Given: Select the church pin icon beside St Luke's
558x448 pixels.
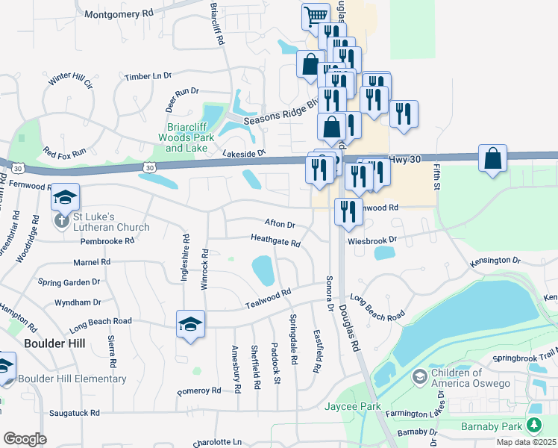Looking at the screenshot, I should pyautogui.click(x=62, y=220).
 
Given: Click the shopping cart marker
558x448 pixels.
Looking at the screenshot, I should pyautogui.click(x=316, y=15).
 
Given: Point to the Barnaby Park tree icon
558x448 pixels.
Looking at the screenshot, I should pyautogui.click(x=533, y=426).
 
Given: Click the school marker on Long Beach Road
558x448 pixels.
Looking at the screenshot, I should pyautogui.click(x=189, y=324).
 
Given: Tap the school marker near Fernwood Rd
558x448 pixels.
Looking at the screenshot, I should pyautogui.click(x=65, y=197).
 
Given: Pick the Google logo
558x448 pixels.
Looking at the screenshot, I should pyautogui.click(x=25, y=438).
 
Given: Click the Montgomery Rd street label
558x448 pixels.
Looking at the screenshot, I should pyautogui.click(x=119, y=14).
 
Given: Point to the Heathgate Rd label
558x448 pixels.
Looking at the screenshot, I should pyautogui.click(x=275, y=243).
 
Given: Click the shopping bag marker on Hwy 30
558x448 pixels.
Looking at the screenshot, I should pyautogui.click(x=492, y=158).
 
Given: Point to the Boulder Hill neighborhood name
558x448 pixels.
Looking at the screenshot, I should pyautogui.click(x=54, y=343).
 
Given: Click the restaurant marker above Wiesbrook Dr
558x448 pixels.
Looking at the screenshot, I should pyautogui.click(x=348, y=212).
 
